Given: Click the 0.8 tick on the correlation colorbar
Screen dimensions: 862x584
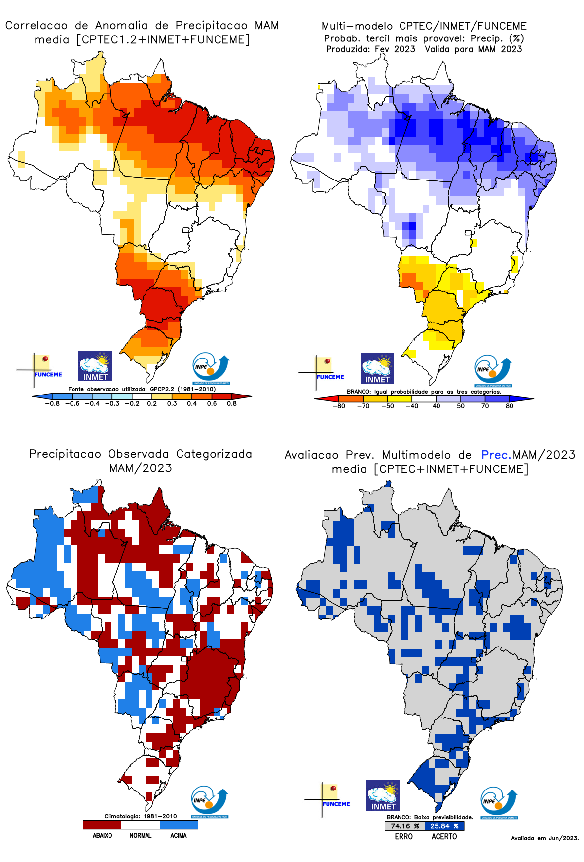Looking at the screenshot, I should pyautogui.click(x=231, y=403).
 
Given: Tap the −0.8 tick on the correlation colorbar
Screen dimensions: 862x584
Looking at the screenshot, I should pyautogui.click(x=52, y=403).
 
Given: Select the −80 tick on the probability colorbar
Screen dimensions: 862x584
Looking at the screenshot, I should pyautogui.click(x=338, y=406).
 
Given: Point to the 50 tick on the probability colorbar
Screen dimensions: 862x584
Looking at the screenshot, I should pyautogui.click(x=461, y=406).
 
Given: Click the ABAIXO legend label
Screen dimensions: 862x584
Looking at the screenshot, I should pyautogui.click(x=102, y=836).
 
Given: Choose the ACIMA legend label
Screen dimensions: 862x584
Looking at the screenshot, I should pyautogui.click(x=179, y=836).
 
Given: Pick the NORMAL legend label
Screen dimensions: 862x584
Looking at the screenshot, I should pyautogui.click(x=140, y=836).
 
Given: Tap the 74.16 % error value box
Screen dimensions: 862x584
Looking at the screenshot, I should pyautogui.click(x=404, y=826).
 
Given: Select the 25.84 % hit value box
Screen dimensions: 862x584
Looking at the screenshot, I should pyautogui.click(x=444, y=826).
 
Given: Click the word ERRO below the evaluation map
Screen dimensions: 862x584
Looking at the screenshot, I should pyautogui.click(x=403, y=837).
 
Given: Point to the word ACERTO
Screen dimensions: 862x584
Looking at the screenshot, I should pyautogui.click(x=444, y=837).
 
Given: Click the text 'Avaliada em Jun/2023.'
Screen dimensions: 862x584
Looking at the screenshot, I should pyautogui.click(x=545, y=838).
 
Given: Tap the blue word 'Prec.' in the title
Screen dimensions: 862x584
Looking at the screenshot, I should pyautogui.click(x=496, y=455).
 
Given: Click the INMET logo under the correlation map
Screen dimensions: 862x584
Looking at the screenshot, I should pyautogui.click(x=95, y=366).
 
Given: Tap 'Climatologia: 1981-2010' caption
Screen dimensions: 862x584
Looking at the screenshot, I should pyautogui.click(x=140, y=816).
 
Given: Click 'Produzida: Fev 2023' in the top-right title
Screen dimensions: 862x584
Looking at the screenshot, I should pyautogui.click(x=370, y=49).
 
